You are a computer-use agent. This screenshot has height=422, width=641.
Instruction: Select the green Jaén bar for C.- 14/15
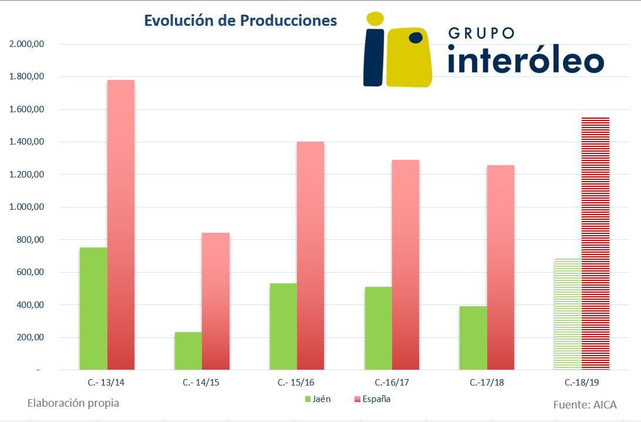pyautogui.click(x=188, y=351)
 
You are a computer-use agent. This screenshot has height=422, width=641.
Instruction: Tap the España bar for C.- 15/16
pyautogui.click(x=311, y=256)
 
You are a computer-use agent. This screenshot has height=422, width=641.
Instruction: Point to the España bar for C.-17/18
pyautogui.click(x=500, y=267)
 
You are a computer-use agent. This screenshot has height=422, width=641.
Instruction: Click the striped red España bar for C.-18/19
pyautogui.click(x=595, y=243)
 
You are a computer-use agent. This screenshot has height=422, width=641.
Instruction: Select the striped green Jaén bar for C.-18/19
pyautogui.click(x=568, y=314)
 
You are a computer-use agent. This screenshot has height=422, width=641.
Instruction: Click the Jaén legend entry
pyautogui.click(x=318, y=399)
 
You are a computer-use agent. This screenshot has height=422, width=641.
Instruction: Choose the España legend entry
pyautogui.click(x=372, y=399)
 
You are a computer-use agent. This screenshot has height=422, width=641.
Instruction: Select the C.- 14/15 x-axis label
pyautogui.click(x=201, y=383)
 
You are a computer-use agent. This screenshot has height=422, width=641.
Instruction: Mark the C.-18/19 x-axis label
pyautogui.click(x=582, y=383)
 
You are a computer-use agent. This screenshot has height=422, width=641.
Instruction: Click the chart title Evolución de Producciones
pyautogui.click(x=241, y=21)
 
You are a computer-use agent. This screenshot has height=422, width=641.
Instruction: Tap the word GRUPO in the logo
pyautogui.click(x=481, y=34)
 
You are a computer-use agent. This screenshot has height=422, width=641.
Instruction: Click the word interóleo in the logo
pyautogui.click(x=525, y=61)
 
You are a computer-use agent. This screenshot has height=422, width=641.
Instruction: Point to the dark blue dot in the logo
pyautogui.click(x=416, y=38)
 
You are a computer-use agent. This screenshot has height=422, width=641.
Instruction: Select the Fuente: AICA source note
pyautogui.click(x=585, y=404)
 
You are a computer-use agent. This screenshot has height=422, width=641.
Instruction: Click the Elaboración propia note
pyautogui.click(x=73, y=403)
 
